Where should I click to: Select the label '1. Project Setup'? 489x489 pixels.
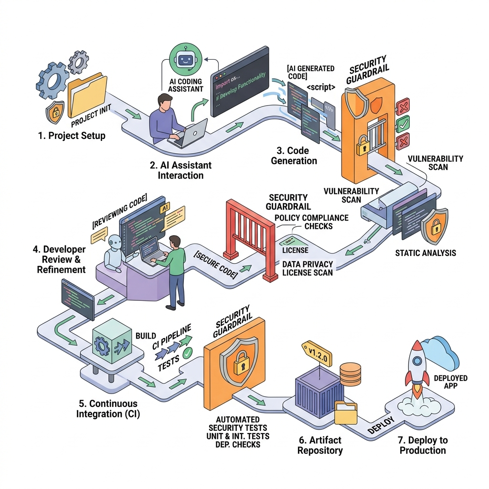(72, 136)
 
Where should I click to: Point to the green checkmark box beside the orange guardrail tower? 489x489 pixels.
(403, 124)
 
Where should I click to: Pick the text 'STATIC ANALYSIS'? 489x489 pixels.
(425, 253)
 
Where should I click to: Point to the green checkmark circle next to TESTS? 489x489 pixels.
(188, 353)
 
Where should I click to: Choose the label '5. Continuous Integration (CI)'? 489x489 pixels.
(108, 409)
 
